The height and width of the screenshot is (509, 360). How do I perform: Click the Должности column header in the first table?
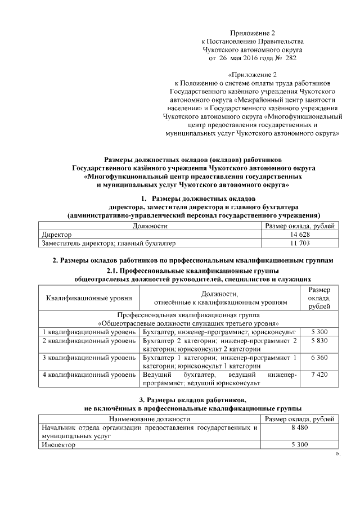150,226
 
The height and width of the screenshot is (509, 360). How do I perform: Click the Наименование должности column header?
150,419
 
